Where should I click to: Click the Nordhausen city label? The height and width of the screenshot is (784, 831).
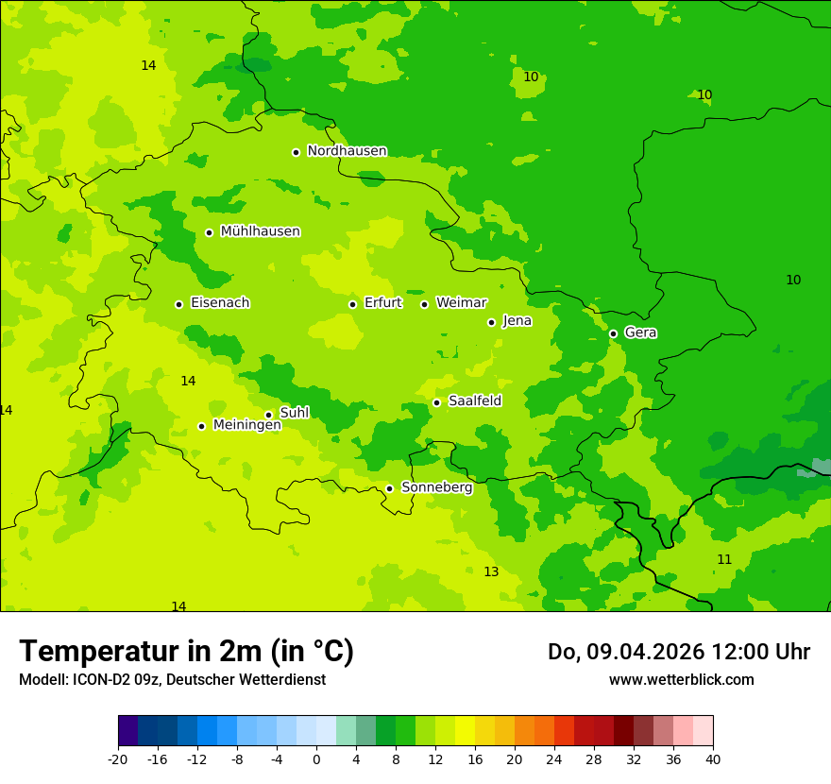(x=347, y=151)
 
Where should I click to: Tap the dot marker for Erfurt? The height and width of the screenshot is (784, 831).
(x=352, y=304)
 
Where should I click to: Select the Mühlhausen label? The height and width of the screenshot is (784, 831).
(x=260, y=231)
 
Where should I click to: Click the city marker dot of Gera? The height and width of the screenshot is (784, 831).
(x=613, y=333)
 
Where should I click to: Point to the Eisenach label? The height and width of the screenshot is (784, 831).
(x=220, y=303)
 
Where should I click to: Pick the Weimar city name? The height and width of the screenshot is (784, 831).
(x=461, y=303)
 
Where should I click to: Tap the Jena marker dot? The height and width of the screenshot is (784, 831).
(x=491, y=322)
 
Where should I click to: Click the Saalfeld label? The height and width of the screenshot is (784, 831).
(x=475, y=401)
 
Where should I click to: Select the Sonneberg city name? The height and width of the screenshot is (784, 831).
(x=436, y=487)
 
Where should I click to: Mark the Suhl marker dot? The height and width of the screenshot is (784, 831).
(x=268, y=415)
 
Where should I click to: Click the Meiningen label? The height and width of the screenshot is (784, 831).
(x=246, y=425)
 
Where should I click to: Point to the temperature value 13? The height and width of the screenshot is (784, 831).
(x=491, y=572)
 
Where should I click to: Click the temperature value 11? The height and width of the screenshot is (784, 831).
(x=724, y=560)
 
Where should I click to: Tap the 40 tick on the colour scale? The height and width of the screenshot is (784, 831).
(x=713, y=758)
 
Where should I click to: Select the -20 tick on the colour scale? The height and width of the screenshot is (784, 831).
(x=118, y=758)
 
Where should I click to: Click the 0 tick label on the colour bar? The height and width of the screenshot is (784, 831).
(x=316, y=758)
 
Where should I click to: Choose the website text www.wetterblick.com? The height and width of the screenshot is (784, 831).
(x=681, y=680)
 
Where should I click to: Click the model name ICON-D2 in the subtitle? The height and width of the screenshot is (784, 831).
(x=102, y=680)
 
